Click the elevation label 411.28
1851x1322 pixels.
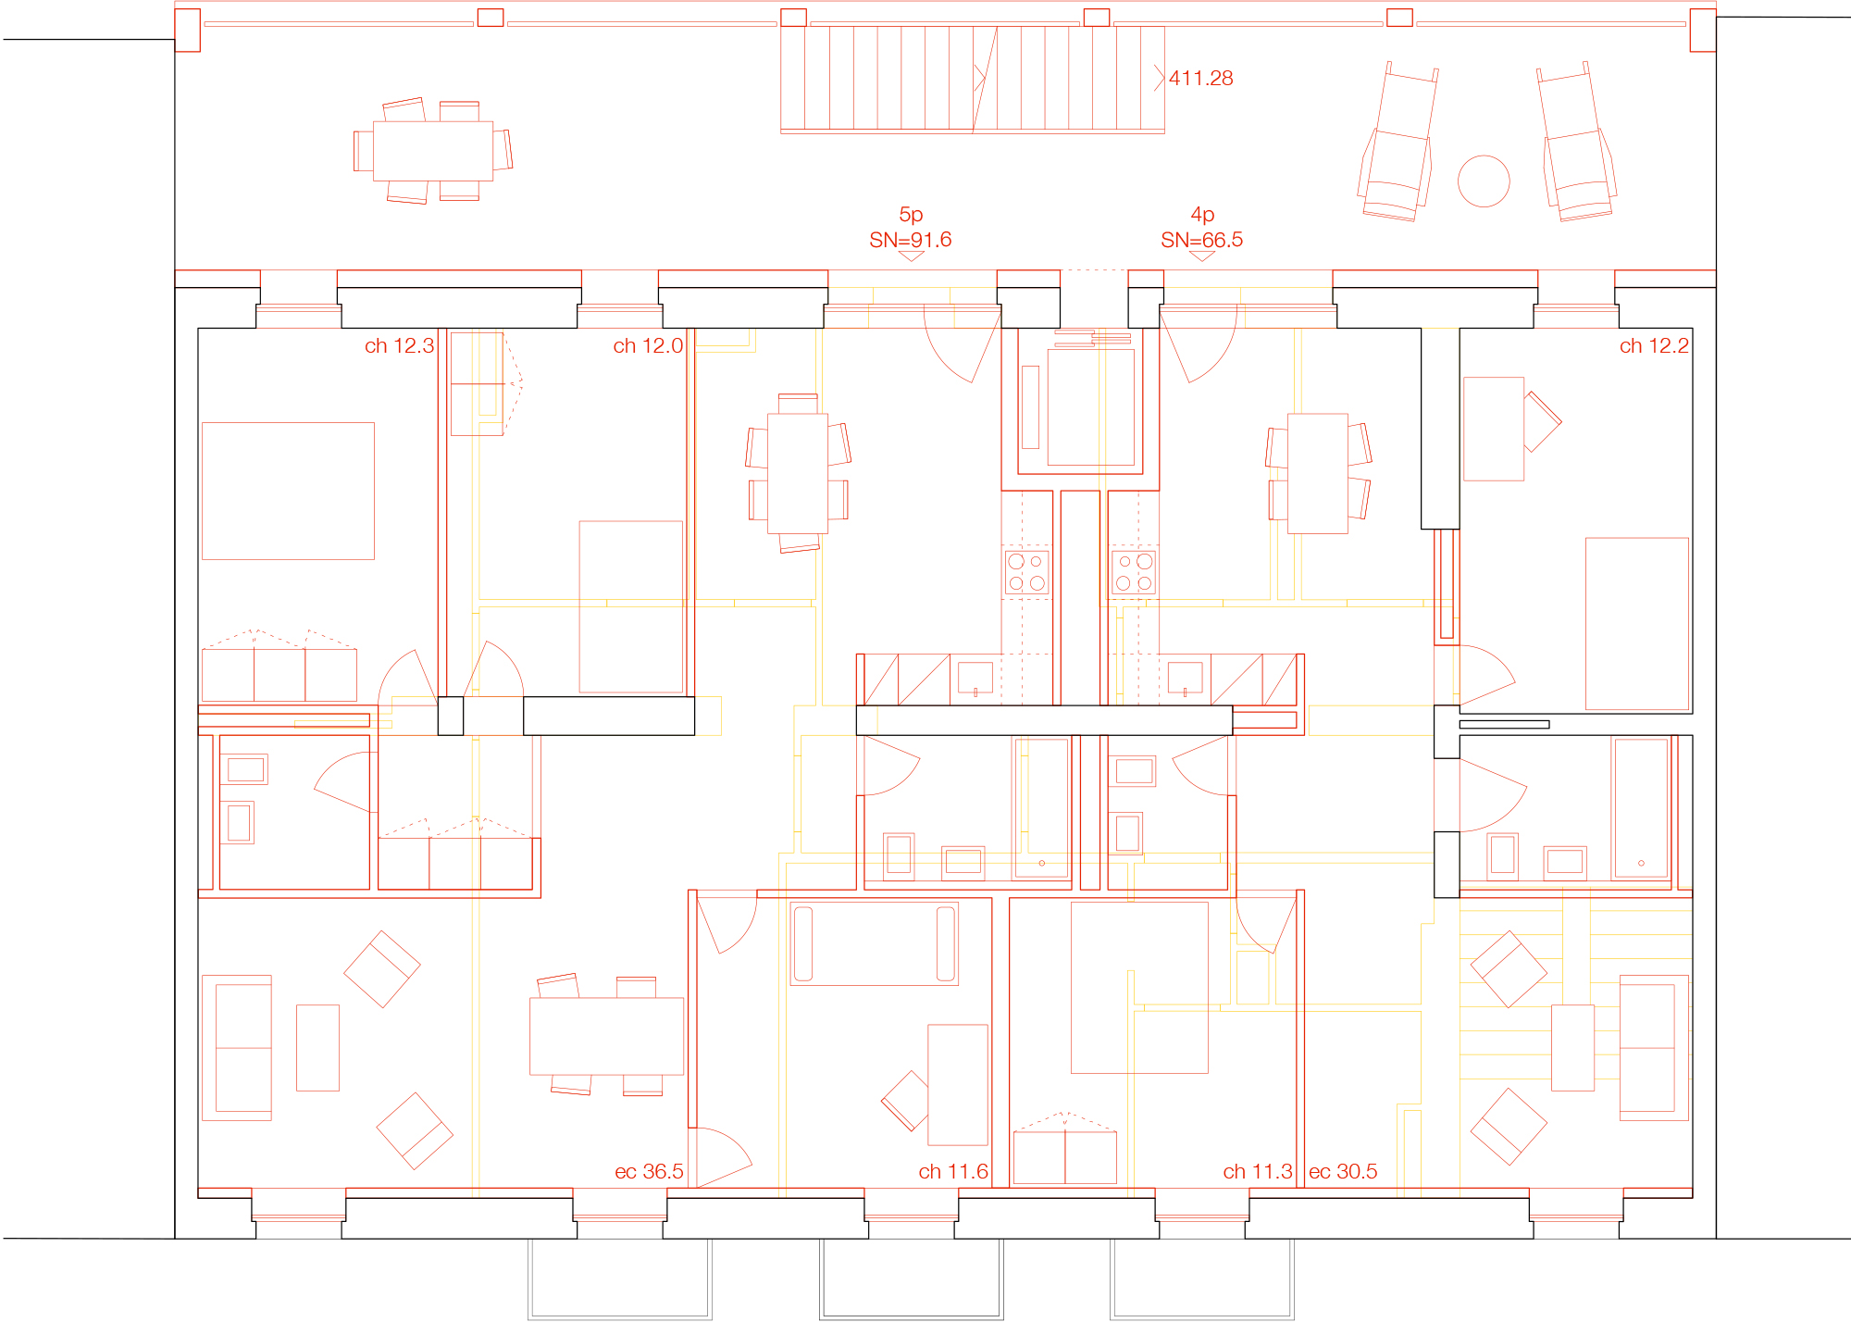(x=1200, y=79)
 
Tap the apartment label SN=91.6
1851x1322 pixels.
(x=910, y=240)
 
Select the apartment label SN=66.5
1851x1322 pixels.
(x=1201, y=240)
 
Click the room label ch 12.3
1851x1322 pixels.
(x=399, y=346)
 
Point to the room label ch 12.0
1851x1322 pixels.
(x=648, y=346)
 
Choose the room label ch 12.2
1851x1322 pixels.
(x=1654, y=346)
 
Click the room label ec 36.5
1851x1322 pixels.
(x=649, y=1172)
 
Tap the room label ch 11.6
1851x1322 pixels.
(x=953, y=1172)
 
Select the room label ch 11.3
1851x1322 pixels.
(x=1258, y=1172)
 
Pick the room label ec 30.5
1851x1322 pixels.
(x=1343, y=1172)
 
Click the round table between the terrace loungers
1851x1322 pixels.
(x=1484, y=181)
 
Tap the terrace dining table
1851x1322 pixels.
(x=433, y=151)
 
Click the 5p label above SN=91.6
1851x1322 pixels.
(x=911, y=215)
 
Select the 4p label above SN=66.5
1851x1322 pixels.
(x=1202, y=215)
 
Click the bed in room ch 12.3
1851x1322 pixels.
(x=288, y=491)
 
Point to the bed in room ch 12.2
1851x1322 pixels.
(x=1637, y=624)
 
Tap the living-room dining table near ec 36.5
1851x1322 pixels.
(x=606, y=1036)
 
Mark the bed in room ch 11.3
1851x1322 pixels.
(x=1139, y=988)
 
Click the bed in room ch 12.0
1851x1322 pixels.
(x=631, y=606)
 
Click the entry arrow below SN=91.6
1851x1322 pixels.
(x=912, y=256)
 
